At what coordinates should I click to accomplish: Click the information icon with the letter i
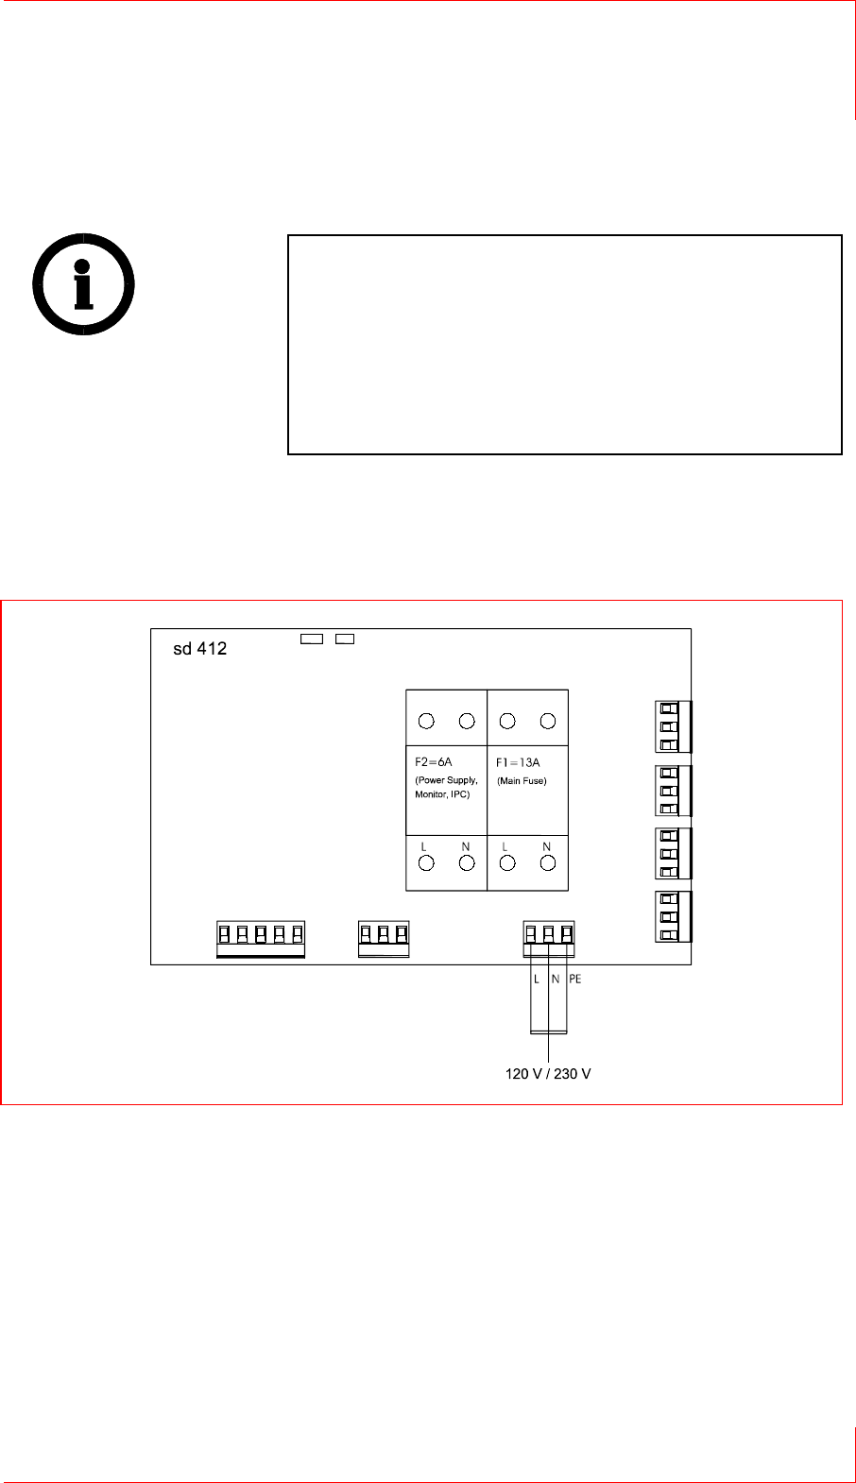point(83,283)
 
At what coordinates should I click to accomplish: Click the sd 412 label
point(199,649)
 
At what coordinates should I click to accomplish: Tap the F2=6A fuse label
point(434,761)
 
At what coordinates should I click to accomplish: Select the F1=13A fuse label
point(518,761)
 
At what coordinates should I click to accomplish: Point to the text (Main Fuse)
point(522,780)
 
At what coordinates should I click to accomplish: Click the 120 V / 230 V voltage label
point(548,1074)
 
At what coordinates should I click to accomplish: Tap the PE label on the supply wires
point(575,979)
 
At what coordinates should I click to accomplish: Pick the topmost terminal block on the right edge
point(672,726)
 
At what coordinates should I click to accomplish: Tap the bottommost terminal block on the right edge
point(672,916)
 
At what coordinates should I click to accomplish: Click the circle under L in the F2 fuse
point(426,863)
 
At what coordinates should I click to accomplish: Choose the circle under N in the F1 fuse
point(547,863)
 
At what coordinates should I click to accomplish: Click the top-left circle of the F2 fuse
point(426,722)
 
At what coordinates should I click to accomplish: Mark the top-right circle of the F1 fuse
point(547,722)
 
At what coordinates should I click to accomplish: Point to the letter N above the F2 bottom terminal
point(466,846)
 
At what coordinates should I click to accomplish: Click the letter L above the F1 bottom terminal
point(505,846)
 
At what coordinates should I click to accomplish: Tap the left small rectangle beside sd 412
point(311,639)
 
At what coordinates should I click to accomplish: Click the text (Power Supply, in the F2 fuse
point(447,780)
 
